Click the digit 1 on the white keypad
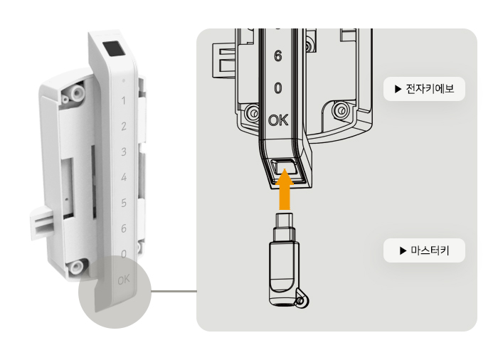[124, 101]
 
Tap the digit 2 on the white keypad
[124, 126]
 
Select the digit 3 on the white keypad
[124, 152]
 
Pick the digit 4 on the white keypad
[124, 177]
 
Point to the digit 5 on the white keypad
[124, 203]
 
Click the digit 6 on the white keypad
[124, 228]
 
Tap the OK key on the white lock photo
[124, 280]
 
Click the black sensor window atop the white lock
[114, 48]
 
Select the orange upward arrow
[285, 189]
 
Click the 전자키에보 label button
[424, 89]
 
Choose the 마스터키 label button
[424, 250]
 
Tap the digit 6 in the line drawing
[278, 56]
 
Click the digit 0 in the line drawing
[278, 88]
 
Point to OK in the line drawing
[278, 120]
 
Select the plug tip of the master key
[285, 219]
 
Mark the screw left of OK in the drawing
[253, 113]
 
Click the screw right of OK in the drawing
[340, 110]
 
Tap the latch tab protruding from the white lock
[43, 222]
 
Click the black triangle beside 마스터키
[403, 250]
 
